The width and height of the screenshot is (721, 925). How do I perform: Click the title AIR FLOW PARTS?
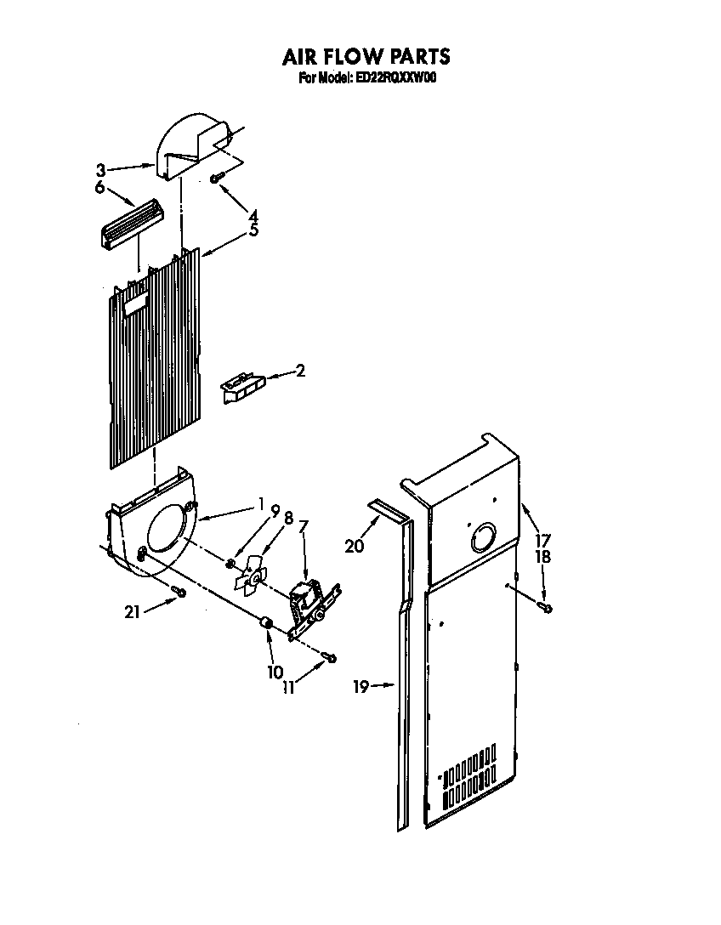coord(366,58)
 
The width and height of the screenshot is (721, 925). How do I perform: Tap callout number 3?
coord(101,169)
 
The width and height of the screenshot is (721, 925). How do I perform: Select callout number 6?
coord(99,188)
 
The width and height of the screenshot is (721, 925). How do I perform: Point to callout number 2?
coord(300,371)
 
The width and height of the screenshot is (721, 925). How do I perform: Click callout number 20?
coord(354,546)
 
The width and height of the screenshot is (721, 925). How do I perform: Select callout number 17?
coord(542,539)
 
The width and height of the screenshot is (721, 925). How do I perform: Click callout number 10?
coord(275,672)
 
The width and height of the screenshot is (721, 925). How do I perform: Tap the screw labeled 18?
coord(544,607)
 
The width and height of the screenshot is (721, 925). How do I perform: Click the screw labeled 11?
coord(330,657)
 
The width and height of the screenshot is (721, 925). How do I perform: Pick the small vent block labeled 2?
coord(242,389)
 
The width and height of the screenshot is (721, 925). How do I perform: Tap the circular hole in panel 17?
coord(481,538)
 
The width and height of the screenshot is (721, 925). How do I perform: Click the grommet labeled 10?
coord(266,626)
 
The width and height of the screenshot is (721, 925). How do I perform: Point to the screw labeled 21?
coord(179,591)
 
